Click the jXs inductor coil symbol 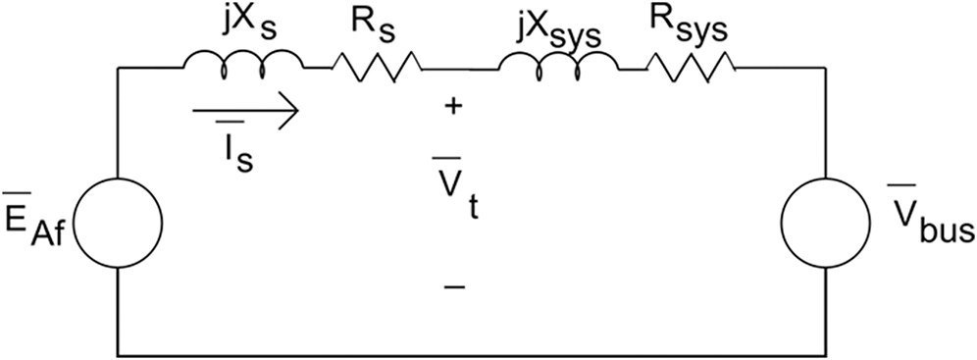click(242, 64)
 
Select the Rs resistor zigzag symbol click(378, 67)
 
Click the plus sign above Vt click(452, 107)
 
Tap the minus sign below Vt click(452, 286)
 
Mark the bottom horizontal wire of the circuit click(471, 353)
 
